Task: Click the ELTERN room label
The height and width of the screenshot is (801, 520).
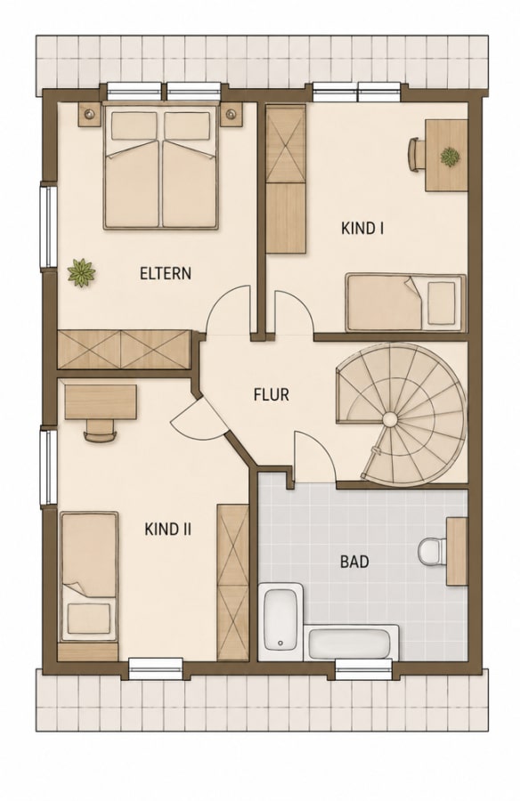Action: [x=165, y=273]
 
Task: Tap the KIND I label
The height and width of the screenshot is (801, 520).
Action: [x=362, y=228]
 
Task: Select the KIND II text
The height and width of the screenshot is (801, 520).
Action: [x=167, y=529]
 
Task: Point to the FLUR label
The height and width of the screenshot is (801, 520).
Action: [x=271, y=394]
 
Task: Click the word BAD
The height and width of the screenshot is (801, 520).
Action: [x=354, y=562]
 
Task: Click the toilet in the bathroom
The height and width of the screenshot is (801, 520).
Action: [x=432, y=551]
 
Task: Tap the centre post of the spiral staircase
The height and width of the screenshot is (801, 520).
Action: [x=390, y=420]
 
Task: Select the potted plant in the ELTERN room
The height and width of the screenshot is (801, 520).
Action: [x=81, y=272]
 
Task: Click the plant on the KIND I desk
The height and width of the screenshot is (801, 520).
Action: [x=450, y=157]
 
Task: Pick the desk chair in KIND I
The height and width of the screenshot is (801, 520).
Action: [x=415, y=155]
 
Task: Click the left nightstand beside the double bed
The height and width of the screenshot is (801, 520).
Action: [x=90, y=114]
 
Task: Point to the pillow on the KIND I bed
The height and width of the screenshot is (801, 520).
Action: [x=442, y=303]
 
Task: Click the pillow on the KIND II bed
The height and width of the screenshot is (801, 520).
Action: [x=89, y=618]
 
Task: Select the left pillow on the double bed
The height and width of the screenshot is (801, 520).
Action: [x=134, y=126]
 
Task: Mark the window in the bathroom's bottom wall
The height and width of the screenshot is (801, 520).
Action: [x=363, y=668]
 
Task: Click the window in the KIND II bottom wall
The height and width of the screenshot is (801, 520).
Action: [x=156, y=668]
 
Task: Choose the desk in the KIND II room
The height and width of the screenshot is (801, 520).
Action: [x=101, y=402]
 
